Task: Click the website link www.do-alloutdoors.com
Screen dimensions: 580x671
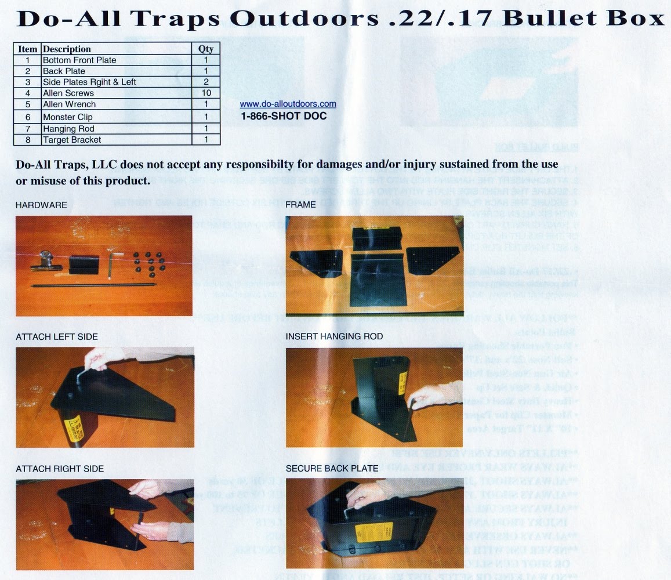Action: click(288, 104)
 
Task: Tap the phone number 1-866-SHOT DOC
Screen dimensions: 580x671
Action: click(284, 116)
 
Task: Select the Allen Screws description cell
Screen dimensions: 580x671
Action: click(68, 93)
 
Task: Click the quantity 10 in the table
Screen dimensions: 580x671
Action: click(206, 93)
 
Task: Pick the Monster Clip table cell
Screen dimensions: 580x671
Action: click(68, 117)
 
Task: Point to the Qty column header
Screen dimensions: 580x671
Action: click(206, 49)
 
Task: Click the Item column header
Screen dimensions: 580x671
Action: click(27, 49)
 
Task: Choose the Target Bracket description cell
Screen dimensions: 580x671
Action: click(72, 140)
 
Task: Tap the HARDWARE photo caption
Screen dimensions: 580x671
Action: click(41, 205)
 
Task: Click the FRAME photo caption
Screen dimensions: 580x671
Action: click(300, 205)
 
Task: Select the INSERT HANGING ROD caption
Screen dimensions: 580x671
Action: click(334, 336)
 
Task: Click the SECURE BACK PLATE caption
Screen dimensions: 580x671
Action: click(332, 468)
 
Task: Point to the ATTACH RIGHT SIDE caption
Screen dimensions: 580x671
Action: click(60, 468)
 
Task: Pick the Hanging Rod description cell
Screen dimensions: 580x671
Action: click(68, 129)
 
